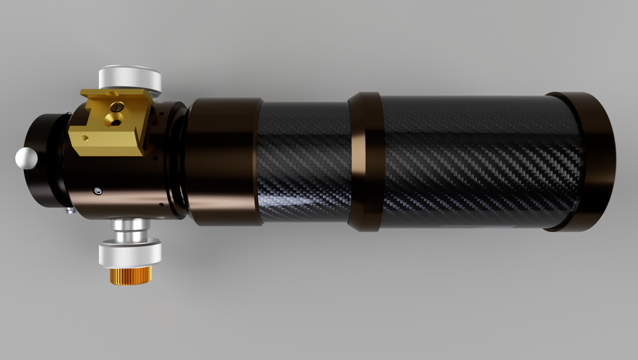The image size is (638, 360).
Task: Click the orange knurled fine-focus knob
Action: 131,274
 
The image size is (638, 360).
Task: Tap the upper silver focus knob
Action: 130,78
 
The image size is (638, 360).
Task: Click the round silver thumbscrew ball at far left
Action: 26,157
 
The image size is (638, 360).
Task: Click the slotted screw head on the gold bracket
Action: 118,106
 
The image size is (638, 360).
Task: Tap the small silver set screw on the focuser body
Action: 98,191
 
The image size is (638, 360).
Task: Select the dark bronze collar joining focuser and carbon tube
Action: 223,160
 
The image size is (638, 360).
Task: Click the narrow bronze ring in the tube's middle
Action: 365,161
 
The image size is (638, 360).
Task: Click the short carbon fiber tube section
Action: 303,161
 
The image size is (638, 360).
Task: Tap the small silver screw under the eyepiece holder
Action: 70,211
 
